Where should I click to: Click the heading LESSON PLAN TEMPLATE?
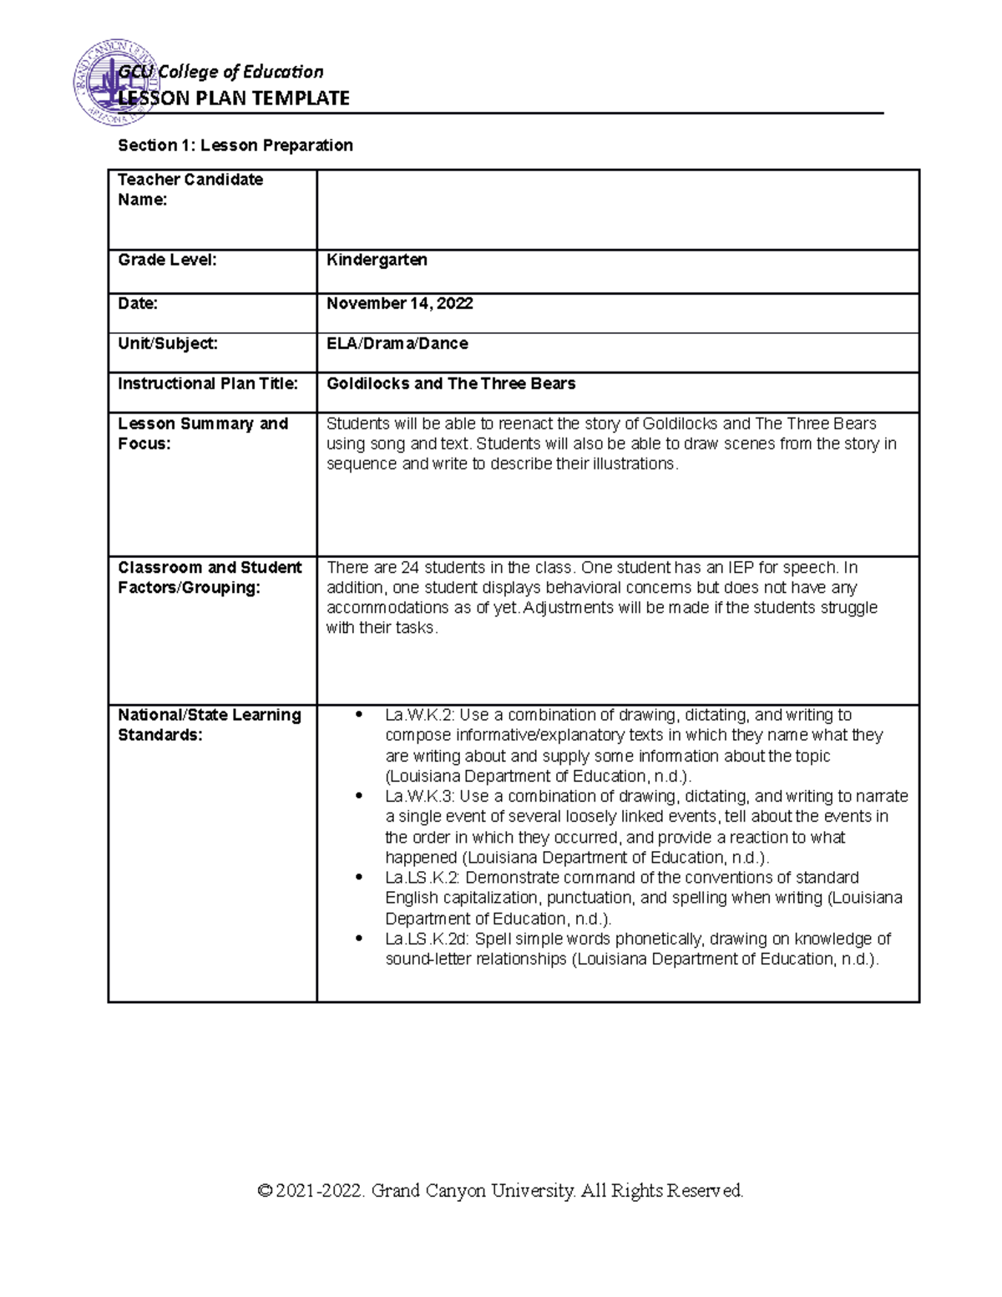pyautogui.click(x=234, y=99)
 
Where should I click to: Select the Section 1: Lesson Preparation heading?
pyautogui.click(x=235, y=145)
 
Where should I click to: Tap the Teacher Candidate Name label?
pyautogui.click(x=190, y=190)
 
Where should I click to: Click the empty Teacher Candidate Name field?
pyautogui.click(x=617, y=210)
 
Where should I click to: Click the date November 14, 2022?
pyautogui.click(x=399, y=303)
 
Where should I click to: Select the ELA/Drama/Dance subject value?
pyautogui.click(x=397, y=343)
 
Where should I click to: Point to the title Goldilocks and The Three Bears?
pyautogui.click(x=451, y=383)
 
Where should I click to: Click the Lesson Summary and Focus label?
pyautogui.click(x=202, y=433)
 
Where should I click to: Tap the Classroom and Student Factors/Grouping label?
pyautogui.click(x=209, y=577)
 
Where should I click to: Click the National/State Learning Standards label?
pyautogui.click(x=209, y=725)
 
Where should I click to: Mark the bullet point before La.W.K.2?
pyautogui.click(x=359, y=715)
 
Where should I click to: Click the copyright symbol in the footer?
pyautogui.click(x=266, y=1190)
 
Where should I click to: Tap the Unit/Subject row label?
pyautogui.click(x=167, y=343)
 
